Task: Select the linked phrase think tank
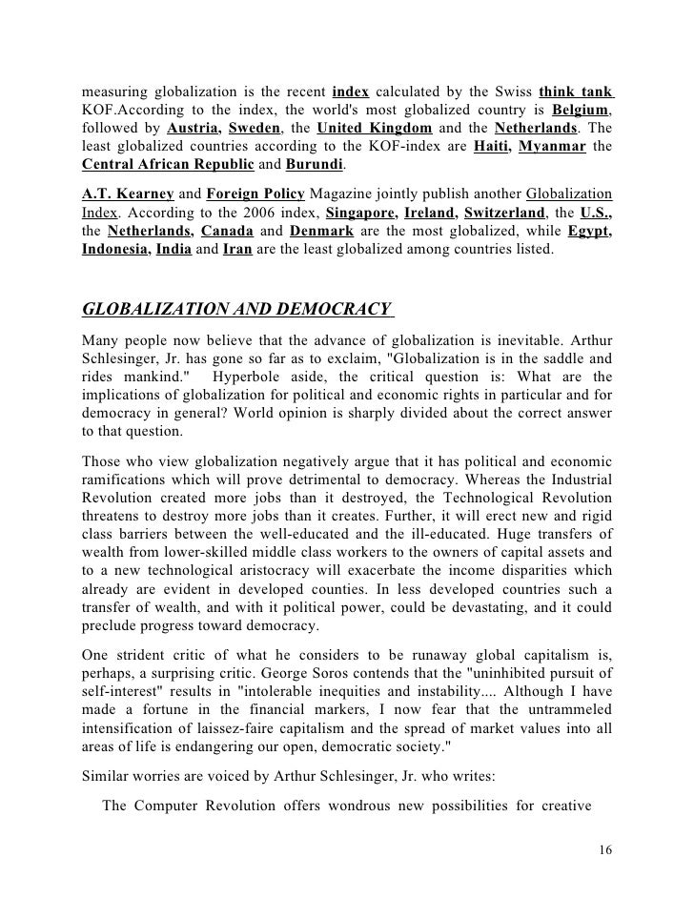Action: (575, 92)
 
